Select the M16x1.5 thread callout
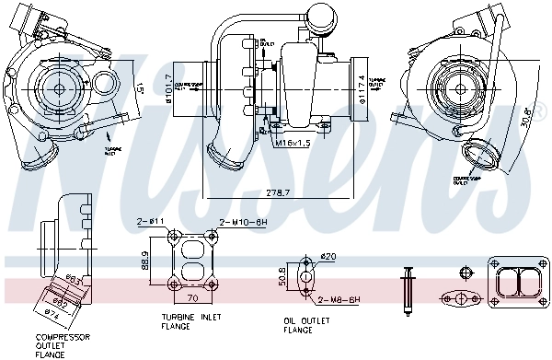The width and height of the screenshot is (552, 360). [x=293, y=143]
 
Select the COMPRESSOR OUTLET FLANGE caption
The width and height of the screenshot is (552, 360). [x=56, y=345]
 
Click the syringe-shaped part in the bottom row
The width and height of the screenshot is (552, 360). [x=407, y=292]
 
